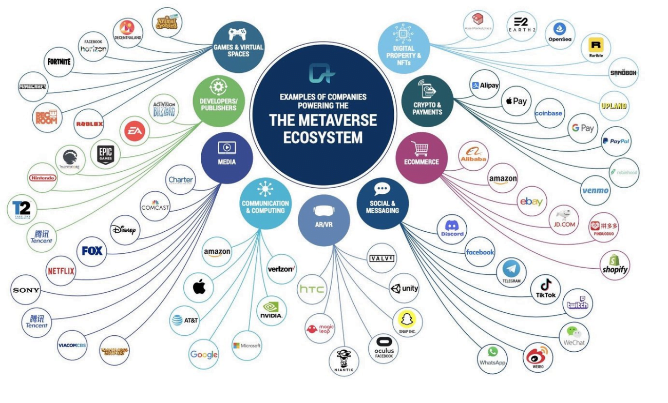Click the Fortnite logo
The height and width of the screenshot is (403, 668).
tap(60, 62)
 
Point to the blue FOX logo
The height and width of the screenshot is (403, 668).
tap(92, 251)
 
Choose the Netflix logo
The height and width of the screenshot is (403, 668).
tap(61, 271)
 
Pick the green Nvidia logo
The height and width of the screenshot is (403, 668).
tap(272, 311)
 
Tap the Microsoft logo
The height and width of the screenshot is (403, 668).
tap(247, 346)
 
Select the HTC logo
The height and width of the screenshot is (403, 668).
tap(312, 290)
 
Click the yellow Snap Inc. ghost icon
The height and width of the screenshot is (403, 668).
tap(407, 319)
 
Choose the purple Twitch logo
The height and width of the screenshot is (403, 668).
tap(577, 304)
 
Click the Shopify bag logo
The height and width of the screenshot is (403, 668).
tap(615, 264)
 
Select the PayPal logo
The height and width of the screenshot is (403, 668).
tap(616, 141)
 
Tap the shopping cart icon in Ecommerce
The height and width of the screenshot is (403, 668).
tap(421, 149)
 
